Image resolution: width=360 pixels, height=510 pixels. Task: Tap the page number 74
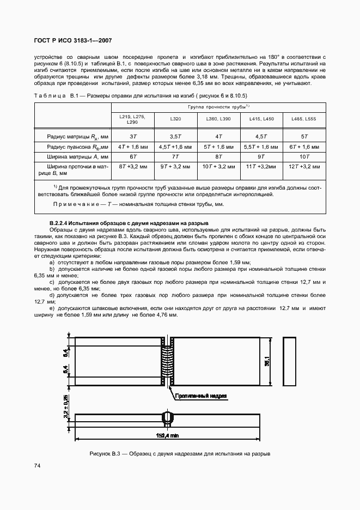[x=38, y=465]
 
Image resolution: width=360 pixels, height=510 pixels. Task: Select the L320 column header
[x=175, y=118]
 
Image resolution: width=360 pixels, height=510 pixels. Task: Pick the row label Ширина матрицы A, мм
[x=72, y=156]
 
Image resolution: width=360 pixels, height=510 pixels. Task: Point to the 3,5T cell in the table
[x=175, y=136]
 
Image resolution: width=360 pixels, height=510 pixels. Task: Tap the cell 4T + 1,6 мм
[x=132, y=147]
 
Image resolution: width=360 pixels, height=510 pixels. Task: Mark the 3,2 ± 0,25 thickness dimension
[x=65, y=412]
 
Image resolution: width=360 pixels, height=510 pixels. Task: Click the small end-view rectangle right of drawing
[x=289, y=362]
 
